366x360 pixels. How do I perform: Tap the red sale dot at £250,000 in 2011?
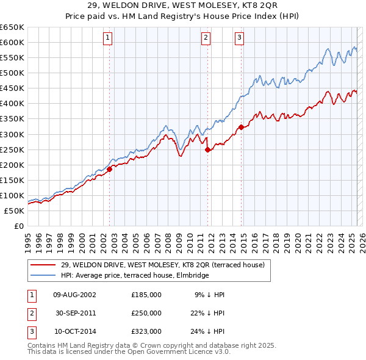pos(208,149)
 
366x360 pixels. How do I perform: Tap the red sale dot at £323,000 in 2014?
pos(241,127)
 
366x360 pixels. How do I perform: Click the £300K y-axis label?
pos(12,134)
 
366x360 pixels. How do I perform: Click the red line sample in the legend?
pos(43,265)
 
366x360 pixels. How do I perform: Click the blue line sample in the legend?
pos(43,275)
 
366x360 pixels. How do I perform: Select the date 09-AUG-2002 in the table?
pos(74,295)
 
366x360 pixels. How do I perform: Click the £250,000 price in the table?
pos(146,313)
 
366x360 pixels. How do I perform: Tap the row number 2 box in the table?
pos(31,313)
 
